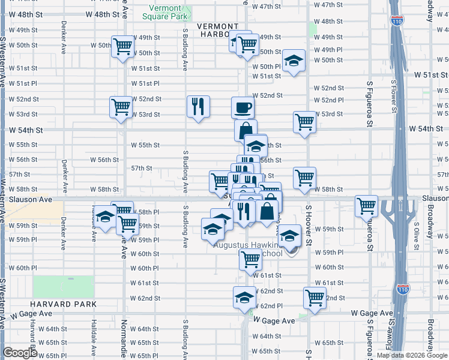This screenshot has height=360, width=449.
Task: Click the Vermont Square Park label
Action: coord(164,12)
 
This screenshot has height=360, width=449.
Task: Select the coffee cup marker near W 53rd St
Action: coord(243,108)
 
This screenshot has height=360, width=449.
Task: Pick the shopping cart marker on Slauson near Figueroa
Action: coord(366,206)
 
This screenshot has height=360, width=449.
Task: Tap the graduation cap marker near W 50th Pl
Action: coord(294,62)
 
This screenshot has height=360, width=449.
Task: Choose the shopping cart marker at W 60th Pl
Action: coord(250,259)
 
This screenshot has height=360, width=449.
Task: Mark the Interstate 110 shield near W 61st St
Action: coord(403,290)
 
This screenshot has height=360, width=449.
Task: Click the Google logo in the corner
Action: coord(19,353)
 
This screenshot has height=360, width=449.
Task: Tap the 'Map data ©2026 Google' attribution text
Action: coord(412,355)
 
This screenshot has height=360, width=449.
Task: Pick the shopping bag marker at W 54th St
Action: coord(246,130)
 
